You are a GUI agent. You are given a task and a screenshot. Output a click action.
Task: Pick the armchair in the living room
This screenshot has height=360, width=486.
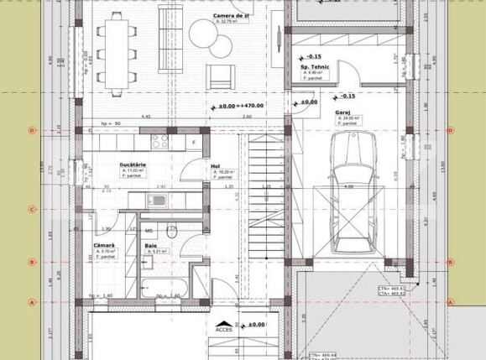coord(221,75)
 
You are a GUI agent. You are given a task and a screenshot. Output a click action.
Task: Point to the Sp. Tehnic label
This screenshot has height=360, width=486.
coord(313,67)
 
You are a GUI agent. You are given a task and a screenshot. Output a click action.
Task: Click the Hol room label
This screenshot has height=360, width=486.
coord(216,166)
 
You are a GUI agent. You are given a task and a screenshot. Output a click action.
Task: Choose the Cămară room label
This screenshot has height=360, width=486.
coord(104,245)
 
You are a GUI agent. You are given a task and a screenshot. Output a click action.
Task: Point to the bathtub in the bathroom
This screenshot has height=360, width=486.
coord(160,286)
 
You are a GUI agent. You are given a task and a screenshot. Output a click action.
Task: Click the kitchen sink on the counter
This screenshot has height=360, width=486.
coord(155,200)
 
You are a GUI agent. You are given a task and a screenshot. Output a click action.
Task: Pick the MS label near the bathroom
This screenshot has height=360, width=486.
coord(148,229)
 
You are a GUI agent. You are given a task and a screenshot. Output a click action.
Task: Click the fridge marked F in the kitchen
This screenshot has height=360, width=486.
coord(194,143)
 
